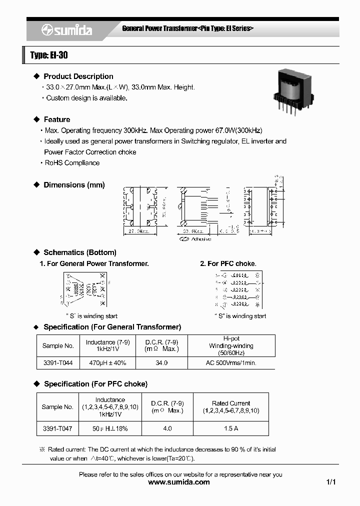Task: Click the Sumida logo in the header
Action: [66, 30]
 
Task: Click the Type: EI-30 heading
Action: [49, 55]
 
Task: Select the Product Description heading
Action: [78, 76]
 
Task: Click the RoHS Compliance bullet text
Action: [72, 163]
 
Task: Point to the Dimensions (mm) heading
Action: [74, 185]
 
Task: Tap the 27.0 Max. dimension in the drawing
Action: [137, 232]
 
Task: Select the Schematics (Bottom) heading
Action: [79, 252]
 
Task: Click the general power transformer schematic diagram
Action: [83, 290]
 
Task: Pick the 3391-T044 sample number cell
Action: [57, 363]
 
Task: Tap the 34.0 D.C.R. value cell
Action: [161, 363]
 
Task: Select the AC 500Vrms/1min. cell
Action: [231, 363]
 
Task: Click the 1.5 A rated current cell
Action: [230, 428]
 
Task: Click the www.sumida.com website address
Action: [179, 482]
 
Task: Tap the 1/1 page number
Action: [330, 482]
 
